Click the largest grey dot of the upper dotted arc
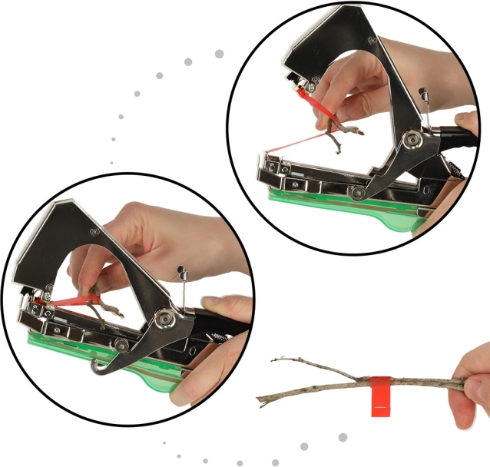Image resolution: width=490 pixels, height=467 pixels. coord(219,54)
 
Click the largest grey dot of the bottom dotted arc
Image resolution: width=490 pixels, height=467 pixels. coord(343,437)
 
